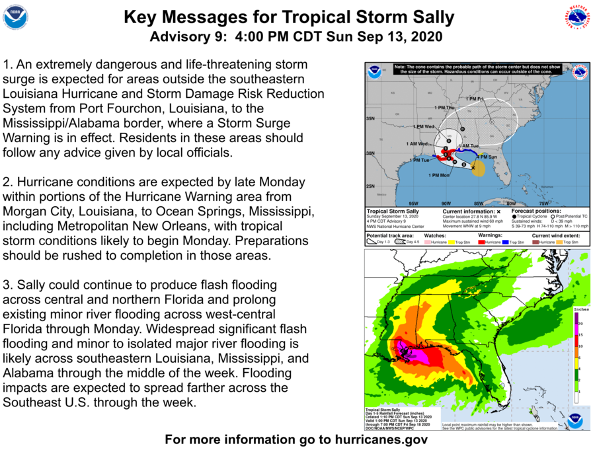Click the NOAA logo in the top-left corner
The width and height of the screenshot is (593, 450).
(x=15, y=17)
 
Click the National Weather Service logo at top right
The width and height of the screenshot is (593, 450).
(x=577, y=17)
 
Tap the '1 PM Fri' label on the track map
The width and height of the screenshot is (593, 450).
(x=475, y=99)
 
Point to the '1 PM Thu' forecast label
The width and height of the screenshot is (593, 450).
(x=445, y=107)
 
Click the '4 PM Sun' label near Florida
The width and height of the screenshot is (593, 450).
(x=488, y=157)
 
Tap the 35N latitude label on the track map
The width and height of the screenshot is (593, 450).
(x=370, y=119)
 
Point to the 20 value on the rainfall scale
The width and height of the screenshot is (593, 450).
(x=580, y=324)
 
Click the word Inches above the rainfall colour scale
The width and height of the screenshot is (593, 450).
(x=582, y=309)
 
